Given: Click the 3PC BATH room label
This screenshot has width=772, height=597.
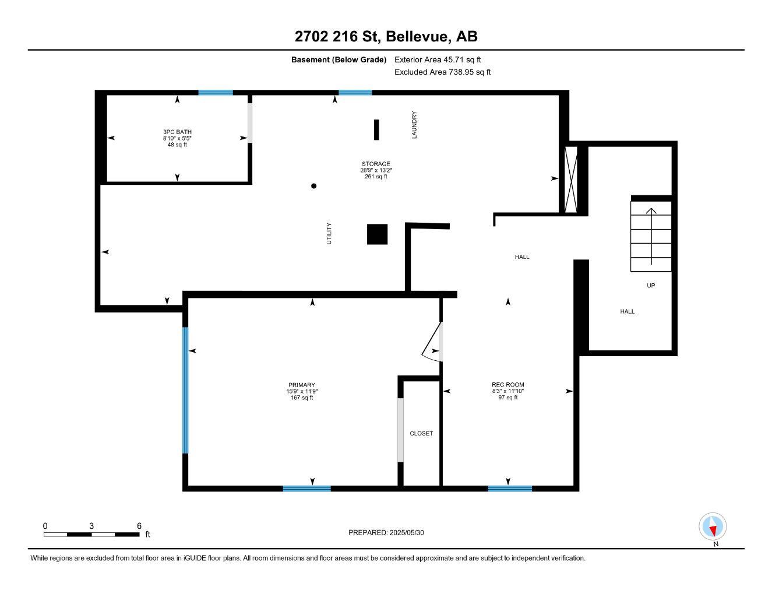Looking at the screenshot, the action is (177, 132).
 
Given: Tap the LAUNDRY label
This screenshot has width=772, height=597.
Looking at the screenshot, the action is (414, 125).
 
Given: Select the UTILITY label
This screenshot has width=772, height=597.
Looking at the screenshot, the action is (329, 233).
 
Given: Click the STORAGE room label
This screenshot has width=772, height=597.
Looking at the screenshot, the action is (376, 164).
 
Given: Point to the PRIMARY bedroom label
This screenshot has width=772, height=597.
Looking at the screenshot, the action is (302, 385).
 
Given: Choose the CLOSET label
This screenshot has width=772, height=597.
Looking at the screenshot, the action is (421, 433).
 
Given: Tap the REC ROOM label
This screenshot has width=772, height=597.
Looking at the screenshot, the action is (507, 385).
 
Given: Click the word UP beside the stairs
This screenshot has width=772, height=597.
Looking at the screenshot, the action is (651, 285).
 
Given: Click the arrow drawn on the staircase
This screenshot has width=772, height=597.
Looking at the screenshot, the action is (651, 236).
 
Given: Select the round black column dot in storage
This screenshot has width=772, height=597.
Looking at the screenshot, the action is (313, 186).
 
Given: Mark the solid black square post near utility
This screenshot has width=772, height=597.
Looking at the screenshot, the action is (378, 234).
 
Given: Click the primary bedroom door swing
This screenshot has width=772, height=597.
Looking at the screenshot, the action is (432, 342).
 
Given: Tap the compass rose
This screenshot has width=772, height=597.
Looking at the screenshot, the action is (713, 526).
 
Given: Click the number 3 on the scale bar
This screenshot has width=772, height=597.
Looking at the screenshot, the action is (91, 526).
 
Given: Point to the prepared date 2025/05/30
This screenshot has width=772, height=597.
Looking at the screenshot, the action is (407, 533).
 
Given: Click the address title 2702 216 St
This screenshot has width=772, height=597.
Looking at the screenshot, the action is (337, 36).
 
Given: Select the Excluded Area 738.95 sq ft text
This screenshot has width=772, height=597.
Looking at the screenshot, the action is (443, 72).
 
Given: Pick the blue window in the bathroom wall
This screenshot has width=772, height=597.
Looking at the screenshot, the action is (216, 93).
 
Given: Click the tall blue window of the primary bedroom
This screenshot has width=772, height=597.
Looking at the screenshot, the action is (185, 390).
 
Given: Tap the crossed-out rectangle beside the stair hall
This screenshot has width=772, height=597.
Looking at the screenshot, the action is (571, 180).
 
